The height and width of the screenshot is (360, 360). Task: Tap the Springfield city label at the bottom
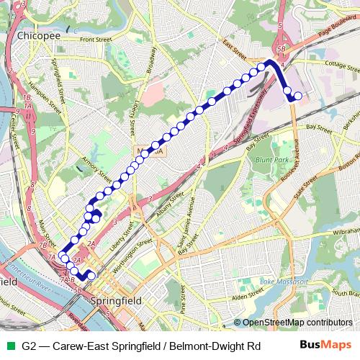(116, 299)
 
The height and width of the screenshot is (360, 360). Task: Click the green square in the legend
(9, 346)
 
